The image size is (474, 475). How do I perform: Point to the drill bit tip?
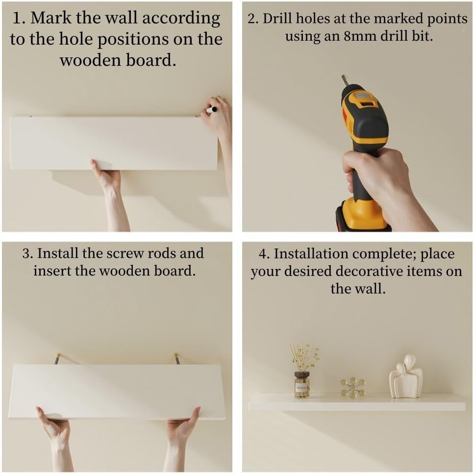pos(343,75)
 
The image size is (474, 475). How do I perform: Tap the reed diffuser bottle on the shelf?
pos(302,384)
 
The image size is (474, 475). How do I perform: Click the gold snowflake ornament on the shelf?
pos(352,387)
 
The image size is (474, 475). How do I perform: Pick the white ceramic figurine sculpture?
pos(405,376)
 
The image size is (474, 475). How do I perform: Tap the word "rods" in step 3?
pos(160,253)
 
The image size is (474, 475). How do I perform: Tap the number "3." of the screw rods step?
pos(27,253)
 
